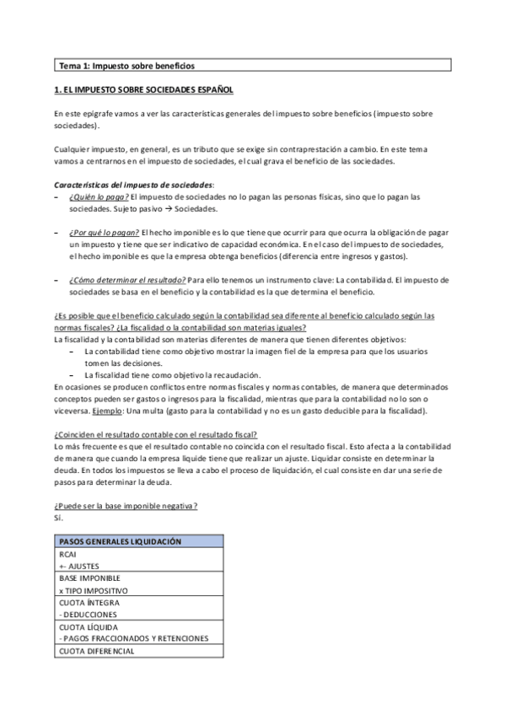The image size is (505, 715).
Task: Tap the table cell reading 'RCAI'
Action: (x=67, y=555)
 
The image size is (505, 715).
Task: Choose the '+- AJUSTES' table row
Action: (x=78, y=567)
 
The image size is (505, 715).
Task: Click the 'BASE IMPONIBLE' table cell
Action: (x=89, y=578)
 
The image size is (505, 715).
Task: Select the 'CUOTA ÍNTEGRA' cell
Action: (x=89, y=603)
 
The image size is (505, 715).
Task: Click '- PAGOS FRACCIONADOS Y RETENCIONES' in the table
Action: (x=133, y=639)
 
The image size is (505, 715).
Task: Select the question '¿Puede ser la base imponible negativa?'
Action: (x=126, y=505)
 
